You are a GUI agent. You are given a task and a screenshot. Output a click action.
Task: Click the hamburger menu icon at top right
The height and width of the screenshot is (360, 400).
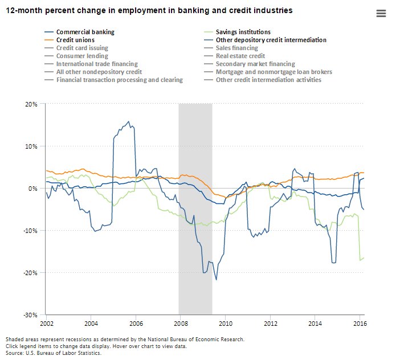(x=382, y=14)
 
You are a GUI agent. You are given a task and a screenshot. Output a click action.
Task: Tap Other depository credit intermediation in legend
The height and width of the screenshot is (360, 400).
(x=271, y=40)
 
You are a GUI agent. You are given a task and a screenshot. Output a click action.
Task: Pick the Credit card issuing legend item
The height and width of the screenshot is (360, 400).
(x=82, y=48)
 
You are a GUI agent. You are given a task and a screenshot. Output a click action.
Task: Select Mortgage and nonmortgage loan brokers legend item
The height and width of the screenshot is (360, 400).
(x=274, y=72)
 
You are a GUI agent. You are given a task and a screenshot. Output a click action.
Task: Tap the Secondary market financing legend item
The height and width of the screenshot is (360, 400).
(x=255, y=64)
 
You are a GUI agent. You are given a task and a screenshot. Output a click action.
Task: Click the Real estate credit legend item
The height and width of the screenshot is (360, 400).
(x=240, y=56)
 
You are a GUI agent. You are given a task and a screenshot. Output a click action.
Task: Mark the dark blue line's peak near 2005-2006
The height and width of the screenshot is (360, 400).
(x=128, y=121)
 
